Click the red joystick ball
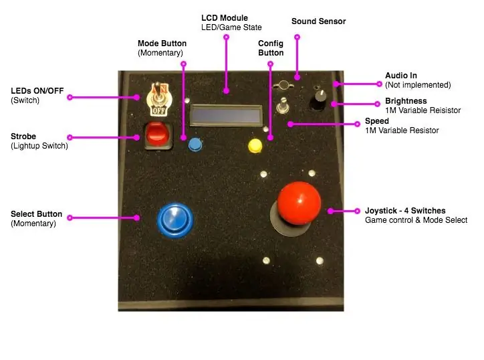299,203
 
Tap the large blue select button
175,220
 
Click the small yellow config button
255,146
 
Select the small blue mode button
195,145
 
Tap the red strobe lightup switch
157,134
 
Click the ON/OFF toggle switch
158,99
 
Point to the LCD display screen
226,115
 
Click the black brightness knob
318,99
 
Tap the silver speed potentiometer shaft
283,105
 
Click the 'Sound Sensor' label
319,21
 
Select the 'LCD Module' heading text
225,18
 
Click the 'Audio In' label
401,76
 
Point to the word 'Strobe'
23,137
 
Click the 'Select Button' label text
36,214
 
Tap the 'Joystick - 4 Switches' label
405,211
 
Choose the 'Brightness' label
406,101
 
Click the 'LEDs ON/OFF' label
37,91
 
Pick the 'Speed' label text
376,121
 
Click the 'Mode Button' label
162,43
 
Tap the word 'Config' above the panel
271,43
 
